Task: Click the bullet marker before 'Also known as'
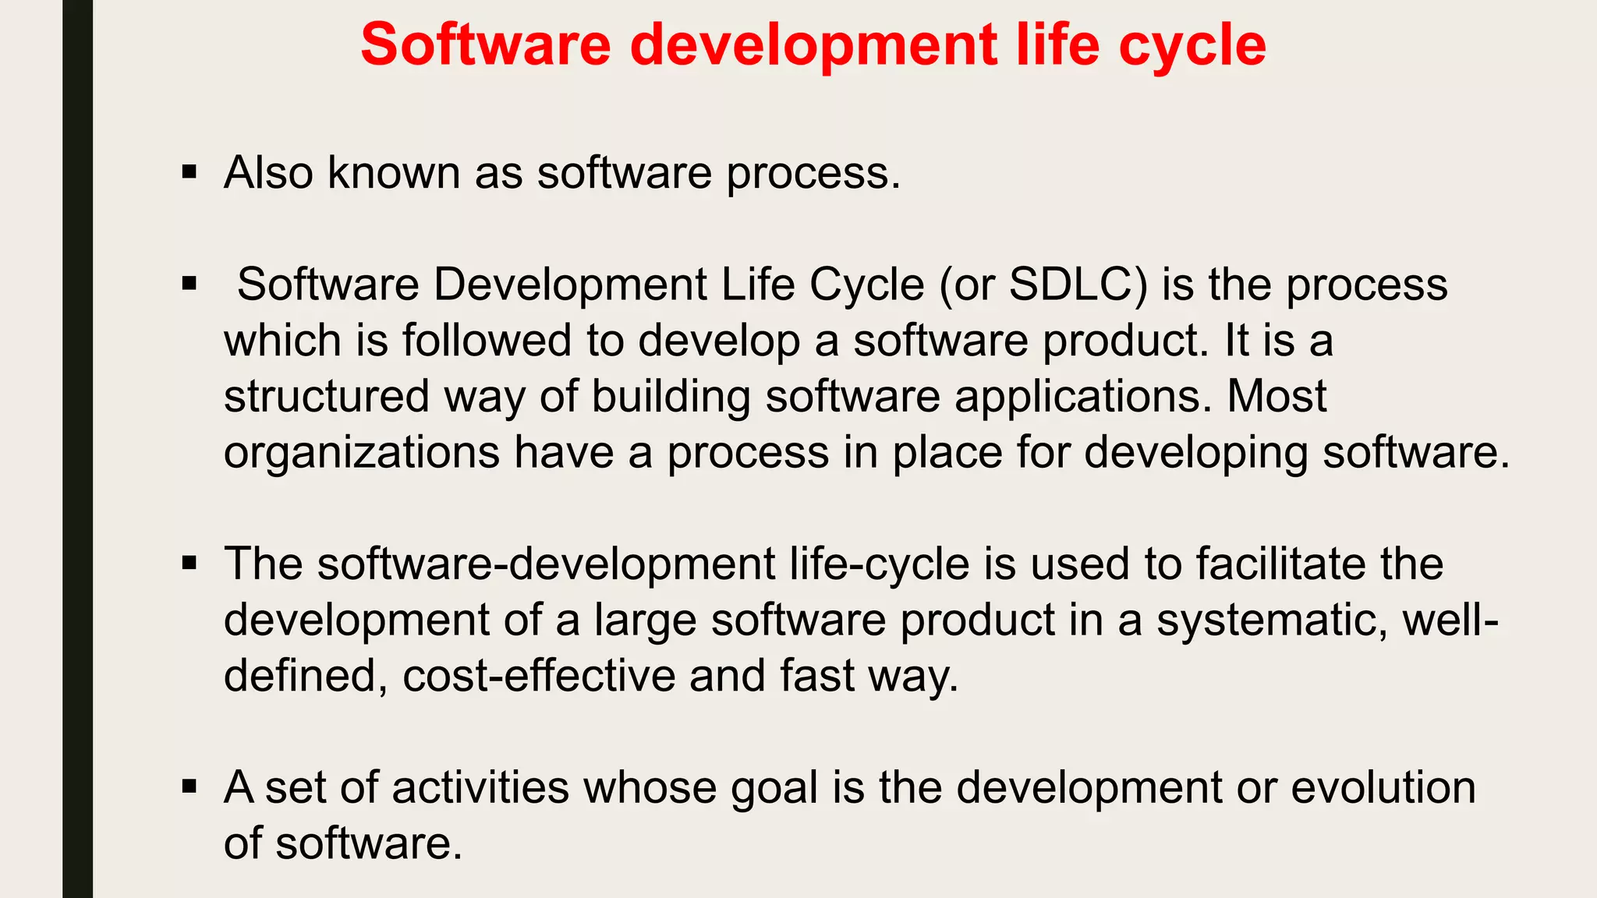[x=189, y=171]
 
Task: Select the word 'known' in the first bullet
[x=394, y=172]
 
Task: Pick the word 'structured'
[x=327, y=397]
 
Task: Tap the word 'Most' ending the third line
[x=1277, y=397]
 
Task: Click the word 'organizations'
[x=361, y=453]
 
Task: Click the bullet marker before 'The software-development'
[x=189, y=563]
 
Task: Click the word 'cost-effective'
[x=539, y=676]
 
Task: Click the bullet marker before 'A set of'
[x=189, y=787]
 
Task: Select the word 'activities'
[x=480, y=787]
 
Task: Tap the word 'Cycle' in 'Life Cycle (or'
[x=866, y=285]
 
